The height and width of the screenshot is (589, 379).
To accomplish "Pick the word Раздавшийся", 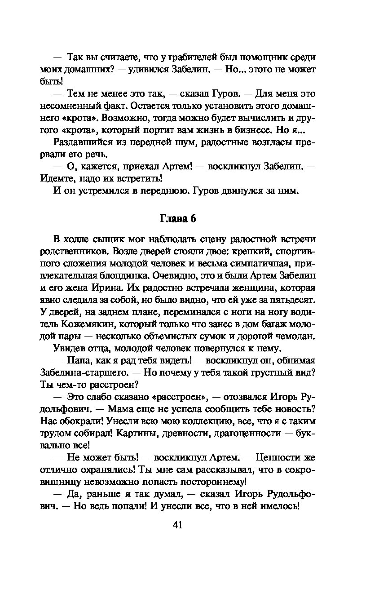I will pos(82,142).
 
